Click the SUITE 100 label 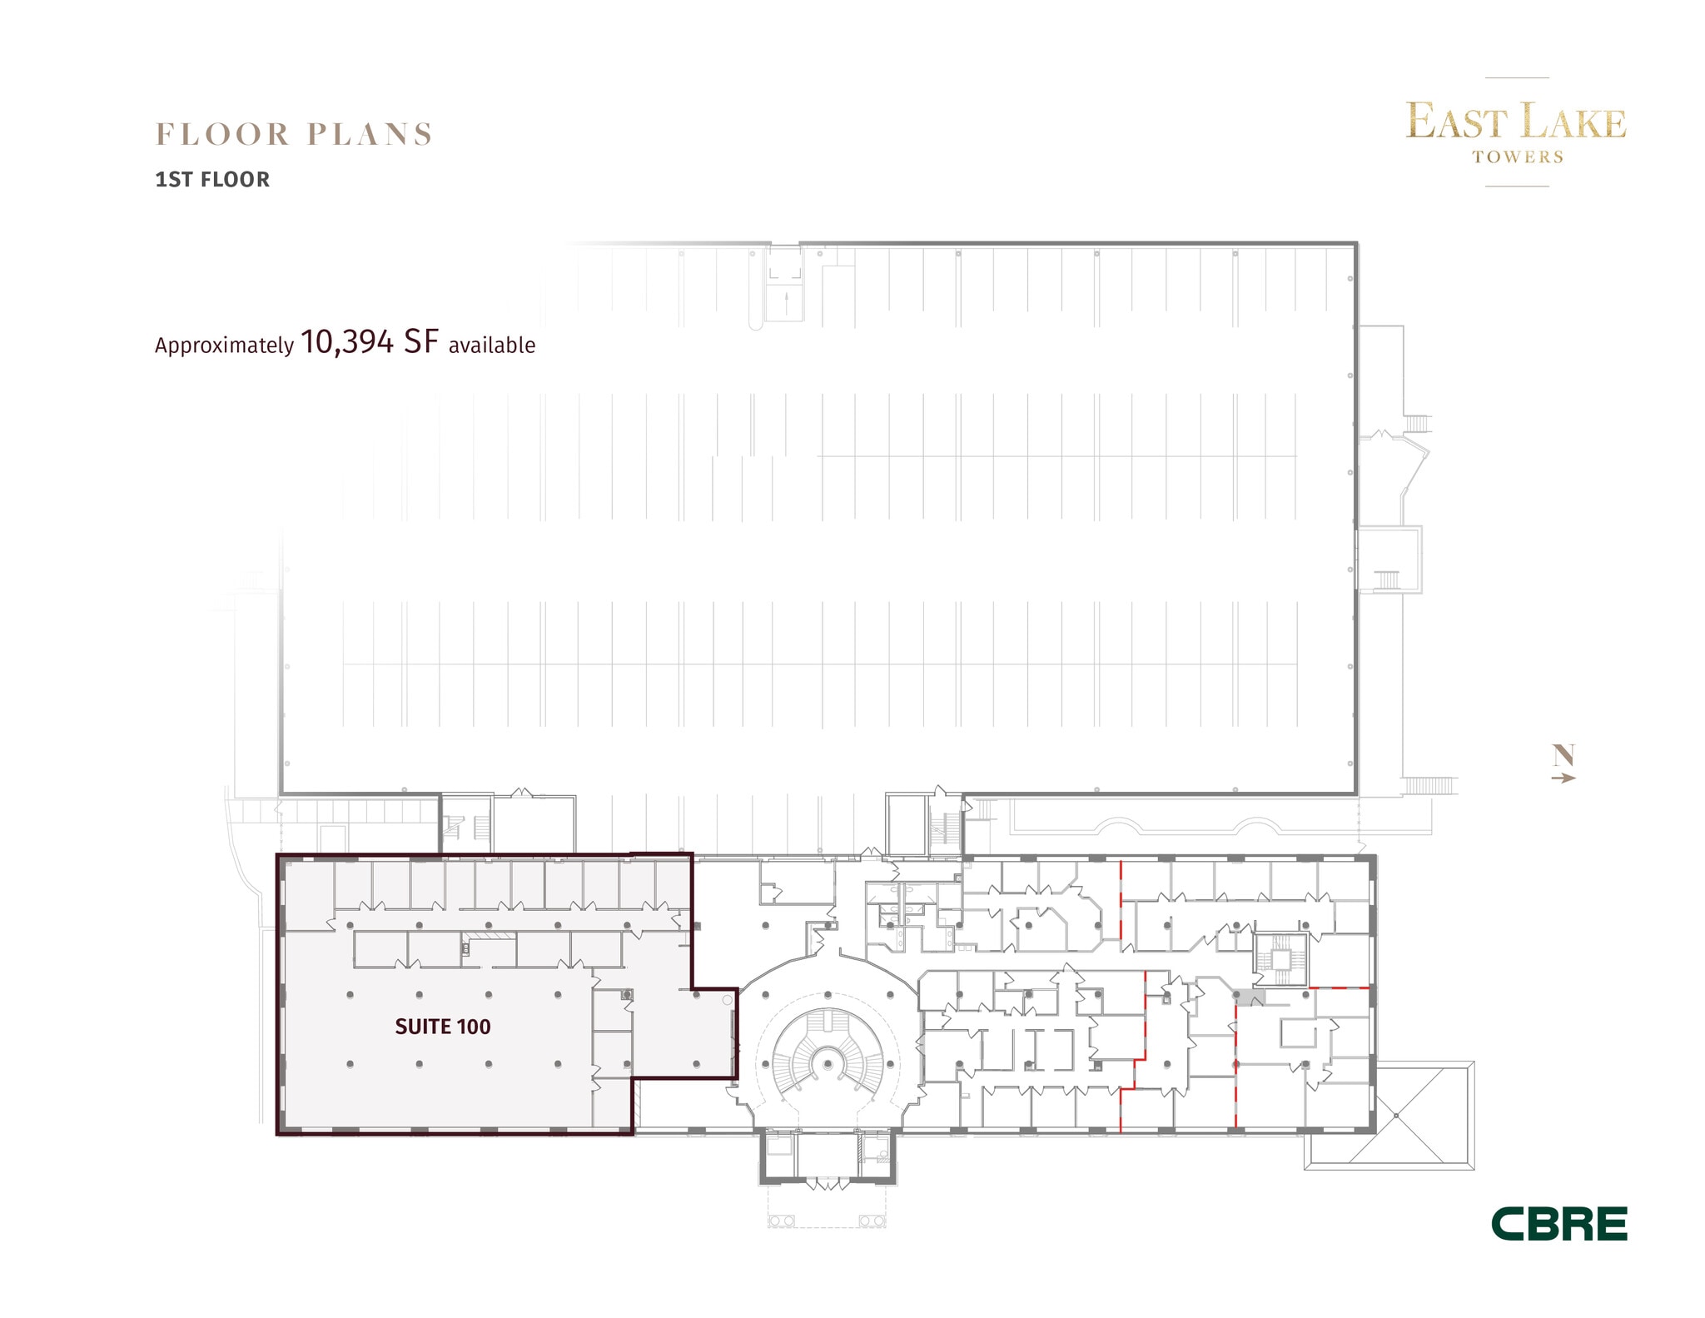pyautogui.click(x=442, y=1027)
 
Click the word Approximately pyautogui.click(x=224, y=346)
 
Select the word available pyautogui.click(x=491, y=345)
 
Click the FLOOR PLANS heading pyautogui.click(x=294, y=134)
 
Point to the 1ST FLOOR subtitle pyautogui.click(x=212, y=180)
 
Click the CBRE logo pyautogui.click(x=1558, y=1224)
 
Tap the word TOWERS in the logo pyautogui.click(x=1517, y=157)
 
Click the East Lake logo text pyautogui.click(x=1515, y=122)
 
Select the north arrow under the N pyautogui.click(x=1563, y=778)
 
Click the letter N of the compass pyautogui.click(x=1563, y=755)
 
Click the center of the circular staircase pyautogui.click(x=827, y=1064)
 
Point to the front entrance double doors pyautogui.click(x=827, y=1183)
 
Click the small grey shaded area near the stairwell pyautogui.click(x=1250, y=997)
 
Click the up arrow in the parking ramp pyautogui.click(x=787, y=302)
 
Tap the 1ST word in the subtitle pyautogui.click(x=174, y=180)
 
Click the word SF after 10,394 pyautogui.click(x=420, y=342)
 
